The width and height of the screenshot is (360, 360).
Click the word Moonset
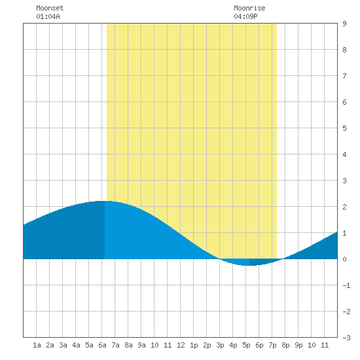pyautogui.click(x=50, y=8)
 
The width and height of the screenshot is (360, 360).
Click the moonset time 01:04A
pyautogui.click(x=48, y=16)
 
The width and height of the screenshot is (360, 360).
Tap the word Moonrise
pyautogui.click(x=249, y=8)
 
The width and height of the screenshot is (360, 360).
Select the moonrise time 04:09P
pyautogui.click(x=245, y=16)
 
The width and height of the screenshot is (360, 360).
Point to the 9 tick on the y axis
pyautogui.click(x=344, y=24)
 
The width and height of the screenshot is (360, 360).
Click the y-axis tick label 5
pyautogui.click(x=344, y=128)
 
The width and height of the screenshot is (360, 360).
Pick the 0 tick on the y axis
pyautogui.click(x=344, y=259)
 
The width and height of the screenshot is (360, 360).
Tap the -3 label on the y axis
pyautogui.click(x=346, y=338)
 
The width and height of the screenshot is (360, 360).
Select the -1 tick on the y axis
pyautogui.click(x=346, y=285)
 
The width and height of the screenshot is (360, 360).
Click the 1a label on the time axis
pyautogui.click(x=37, y=345)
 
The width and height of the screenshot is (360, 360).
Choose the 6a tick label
pyautogui.click(x=102, y=345)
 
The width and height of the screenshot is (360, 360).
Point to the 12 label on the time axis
pyautogui.click(x=181, y=345)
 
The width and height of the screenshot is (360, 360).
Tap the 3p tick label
pyautogui.click(x=220, y=345)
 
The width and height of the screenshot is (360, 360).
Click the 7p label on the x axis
pyautogui.click(x=272, y=345)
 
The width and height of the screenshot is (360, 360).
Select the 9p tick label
pyautogui.click(x=298, y=345)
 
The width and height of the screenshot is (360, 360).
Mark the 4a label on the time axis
pyautogui.click(x=76, y=345)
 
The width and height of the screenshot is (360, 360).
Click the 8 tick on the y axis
pyautogui.click(x=344, y=50)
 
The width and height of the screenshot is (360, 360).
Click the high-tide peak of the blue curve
pyautogui.click(x=104, y=202)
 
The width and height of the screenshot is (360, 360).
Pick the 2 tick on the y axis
pyautogui.click(x=344, y=207)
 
